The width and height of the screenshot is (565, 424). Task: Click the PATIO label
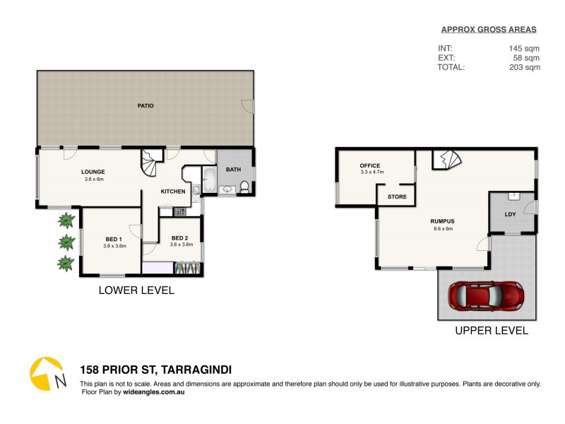coord(145,106)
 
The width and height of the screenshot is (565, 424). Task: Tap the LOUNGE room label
coord(93,172)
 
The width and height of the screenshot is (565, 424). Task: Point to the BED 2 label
coord(179,238)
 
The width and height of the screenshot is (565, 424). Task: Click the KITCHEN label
coord(173,192)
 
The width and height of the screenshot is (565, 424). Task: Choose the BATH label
coord(233,170)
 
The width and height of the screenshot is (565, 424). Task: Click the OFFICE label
coord(370,166)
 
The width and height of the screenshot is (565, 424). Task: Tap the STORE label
coord(397,196)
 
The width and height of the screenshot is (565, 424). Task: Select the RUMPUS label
coord(442,221)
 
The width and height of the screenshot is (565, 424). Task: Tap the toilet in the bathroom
coord(244,187)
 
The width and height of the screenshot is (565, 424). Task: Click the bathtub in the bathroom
coord(210,180)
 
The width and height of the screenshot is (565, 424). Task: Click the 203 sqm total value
coord(524,68)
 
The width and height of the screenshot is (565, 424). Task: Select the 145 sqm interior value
coord(524,48)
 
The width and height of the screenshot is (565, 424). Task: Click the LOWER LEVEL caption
coord(136,290)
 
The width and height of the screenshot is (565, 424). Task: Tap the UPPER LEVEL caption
coord(492,331)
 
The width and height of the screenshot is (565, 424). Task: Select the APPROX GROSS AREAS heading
coord(489,30)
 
